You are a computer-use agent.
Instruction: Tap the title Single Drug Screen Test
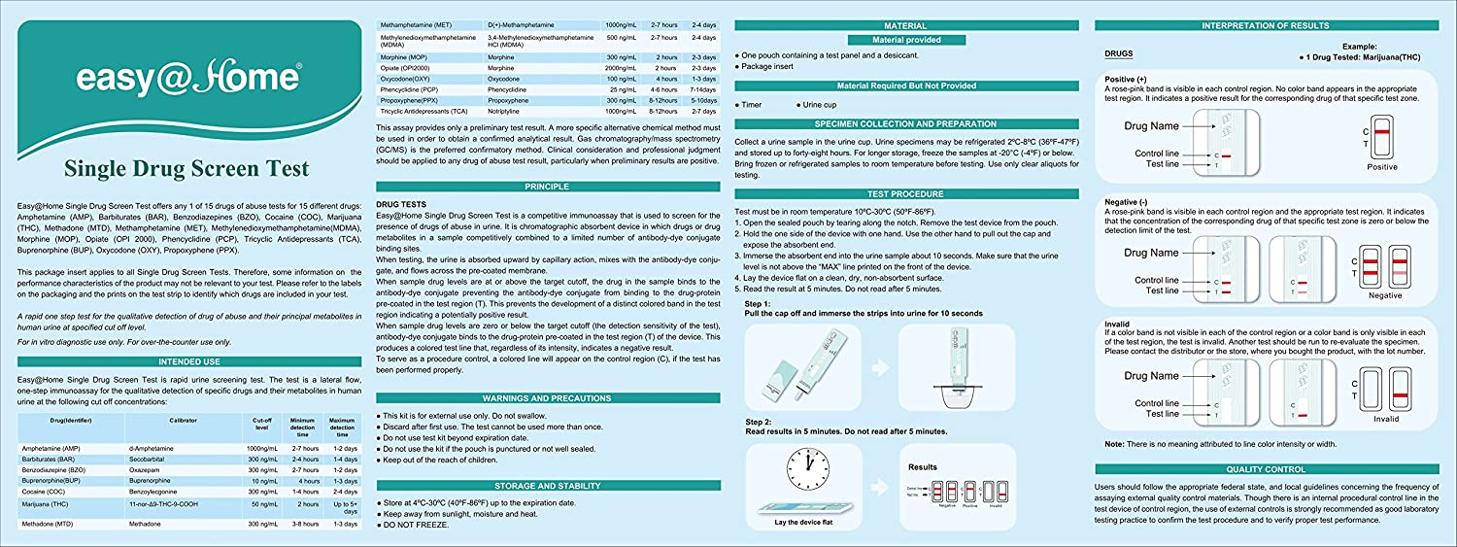(x=183, y=170)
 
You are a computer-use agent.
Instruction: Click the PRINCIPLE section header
(x=547, y=186)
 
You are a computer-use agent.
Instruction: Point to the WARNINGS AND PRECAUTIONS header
(x=547, y=398)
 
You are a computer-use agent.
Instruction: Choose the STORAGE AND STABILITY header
(x=547, y=485)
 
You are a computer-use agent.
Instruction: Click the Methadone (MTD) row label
(x=53, y=524)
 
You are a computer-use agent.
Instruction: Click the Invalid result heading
(x=1119, y=324)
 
